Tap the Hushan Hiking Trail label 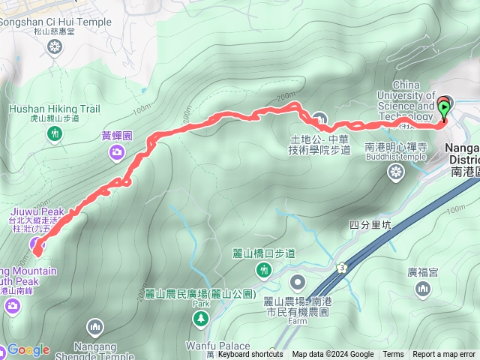pos(54,109)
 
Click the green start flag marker pos(444,109)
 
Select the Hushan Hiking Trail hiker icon pos(54,133)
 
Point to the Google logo pos(28,349)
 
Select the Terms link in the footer pos(393,355)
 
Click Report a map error pos(444,355)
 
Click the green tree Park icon pos(201,319)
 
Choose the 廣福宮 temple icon pos(423,289)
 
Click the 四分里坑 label pos(370,224)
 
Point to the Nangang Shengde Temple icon pos(94,327)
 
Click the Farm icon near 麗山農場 pos(298,283)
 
